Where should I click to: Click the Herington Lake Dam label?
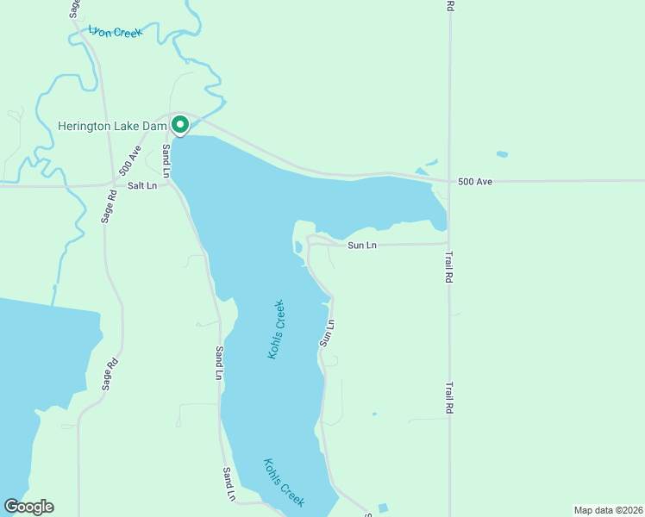click(x=111, y=127)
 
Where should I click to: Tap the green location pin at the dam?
click(x=180, y=125)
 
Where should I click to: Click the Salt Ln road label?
click(x=142, y=185)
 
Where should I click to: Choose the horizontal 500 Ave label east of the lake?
click(x=474, y=182)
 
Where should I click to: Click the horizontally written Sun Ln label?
click(x=362, y=246)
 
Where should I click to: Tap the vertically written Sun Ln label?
click(x=327, y=333)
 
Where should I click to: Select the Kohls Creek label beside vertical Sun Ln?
click(x=276, y=329)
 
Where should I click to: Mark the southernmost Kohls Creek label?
click(x=284, y=482)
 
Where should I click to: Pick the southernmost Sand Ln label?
click(x=229, y=484)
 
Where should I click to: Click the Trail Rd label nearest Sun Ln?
click(x=448, y=268)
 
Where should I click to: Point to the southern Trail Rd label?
click(x=448, y=399)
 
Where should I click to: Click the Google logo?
click(x=28, y=507)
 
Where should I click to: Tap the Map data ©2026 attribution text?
click(x=608, y=509)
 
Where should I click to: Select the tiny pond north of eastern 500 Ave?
click(x=502, y=155)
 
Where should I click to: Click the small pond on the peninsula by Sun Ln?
click(x=298, y=247)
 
